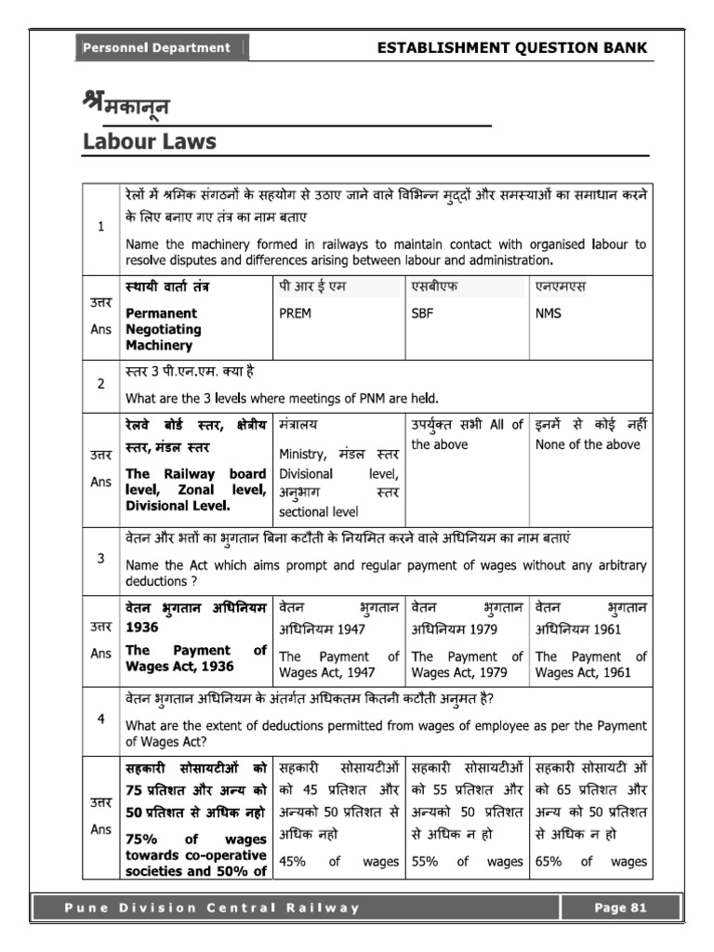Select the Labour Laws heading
click(149, 141)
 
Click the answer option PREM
click(295, 313)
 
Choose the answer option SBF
click(423, 313)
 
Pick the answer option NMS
click(549, 313)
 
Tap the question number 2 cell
click(100, 382)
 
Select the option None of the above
click(588, 444)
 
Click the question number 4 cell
click(100, 721)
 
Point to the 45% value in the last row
click(293, 862)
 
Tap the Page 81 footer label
click(621, 908)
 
